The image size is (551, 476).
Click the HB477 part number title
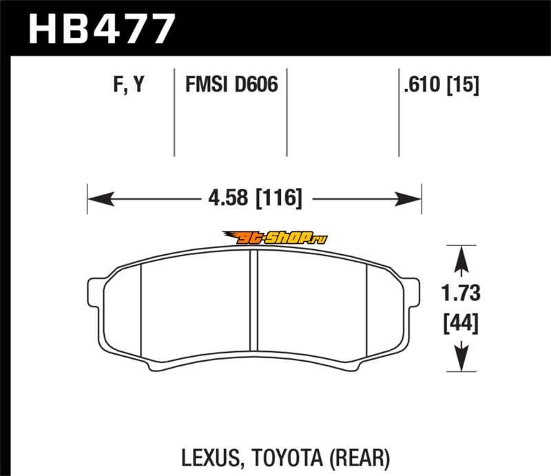[102, 29]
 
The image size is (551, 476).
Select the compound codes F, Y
[129, 84]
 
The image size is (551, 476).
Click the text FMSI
[206, 84]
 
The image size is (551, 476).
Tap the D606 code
[256, 84]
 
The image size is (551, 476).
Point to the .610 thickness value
[422, 84]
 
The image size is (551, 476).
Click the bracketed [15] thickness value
[463, 85]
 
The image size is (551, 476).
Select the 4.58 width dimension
[228, 198]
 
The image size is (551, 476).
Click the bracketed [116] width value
[279, 198]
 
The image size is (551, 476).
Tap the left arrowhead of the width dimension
[101, 199]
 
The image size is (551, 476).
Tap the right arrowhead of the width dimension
[408, 199]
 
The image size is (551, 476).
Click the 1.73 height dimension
[461, 293]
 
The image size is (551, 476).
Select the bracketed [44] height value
[461, 324]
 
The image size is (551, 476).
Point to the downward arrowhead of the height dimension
[461, 358]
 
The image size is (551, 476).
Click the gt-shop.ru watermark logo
[275, 238]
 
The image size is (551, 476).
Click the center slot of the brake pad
[253, 300]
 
